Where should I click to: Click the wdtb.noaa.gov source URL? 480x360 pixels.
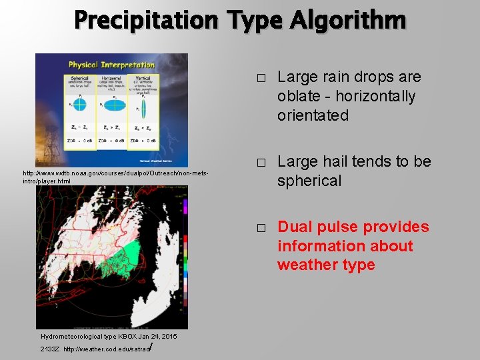click(116, 177)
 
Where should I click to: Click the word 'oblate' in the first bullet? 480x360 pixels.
click(300, 97)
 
